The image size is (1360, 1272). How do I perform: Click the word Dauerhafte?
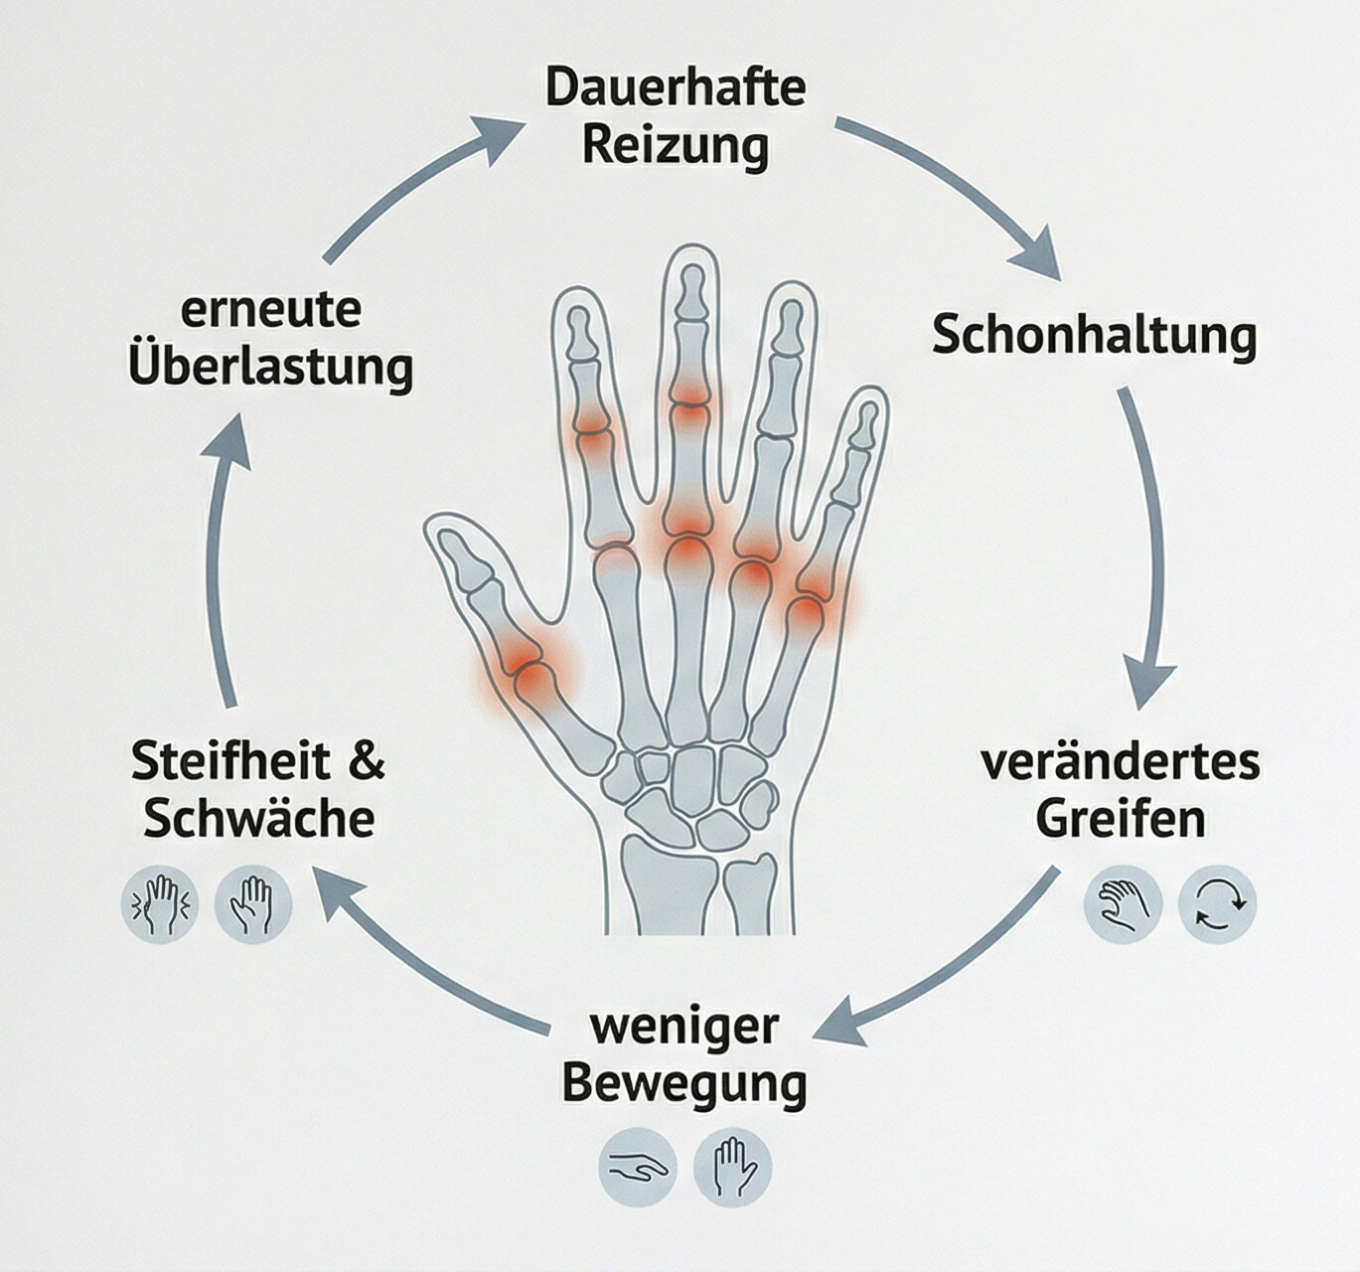tap(676, 87)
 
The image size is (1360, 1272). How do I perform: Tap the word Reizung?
tap(676, 145)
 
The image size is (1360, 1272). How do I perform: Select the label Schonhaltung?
tap(1094, 335)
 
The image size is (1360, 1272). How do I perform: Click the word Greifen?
tap(1120, 820)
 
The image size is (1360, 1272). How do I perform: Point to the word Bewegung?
tap(683, 1083)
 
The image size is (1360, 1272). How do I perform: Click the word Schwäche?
tap(258, 820)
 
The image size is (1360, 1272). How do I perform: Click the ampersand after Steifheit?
tap(368, 761)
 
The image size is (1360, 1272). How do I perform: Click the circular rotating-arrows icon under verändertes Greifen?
tap(1218, 903)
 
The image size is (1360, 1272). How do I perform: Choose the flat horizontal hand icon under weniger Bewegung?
tap(638, 1167)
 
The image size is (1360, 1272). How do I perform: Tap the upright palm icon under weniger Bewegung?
tap(733, 1167)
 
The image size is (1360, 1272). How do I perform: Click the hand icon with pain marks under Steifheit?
tap(159, 904)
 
